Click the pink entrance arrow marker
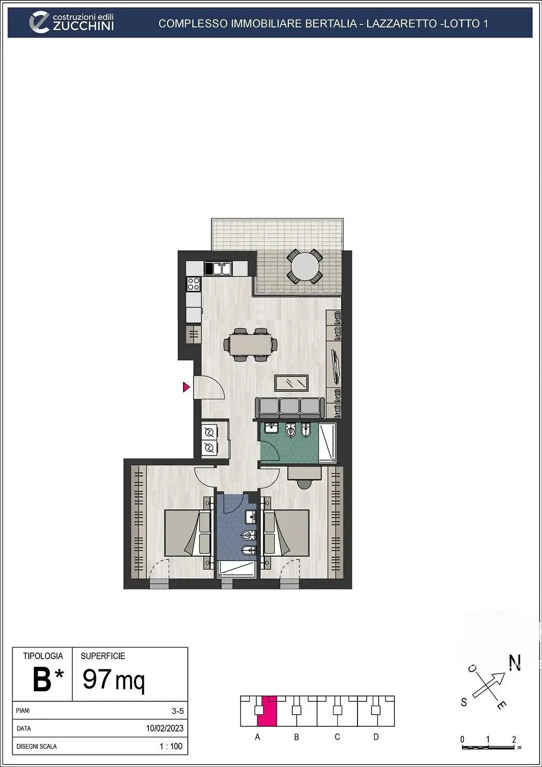click(186, 387)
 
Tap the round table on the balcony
click(305, 267)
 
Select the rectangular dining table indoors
click(251, 345)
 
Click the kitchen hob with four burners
click(194, 284)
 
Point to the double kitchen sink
click(221, 268)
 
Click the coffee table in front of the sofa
click(291, 383)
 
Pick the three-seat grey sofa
click(289, 407)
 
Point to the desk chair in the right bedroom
click(304, 483)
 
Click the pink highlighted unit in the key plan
click(267, 711)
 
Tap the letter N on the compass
click(515, 663)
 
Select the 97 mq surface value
click(114, 679)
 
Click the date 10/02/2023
click(165, 728)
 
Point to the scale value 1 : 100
click(171, 746)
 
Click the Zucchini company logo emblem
click(39, 23)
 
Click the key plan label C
click(337, 737)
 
